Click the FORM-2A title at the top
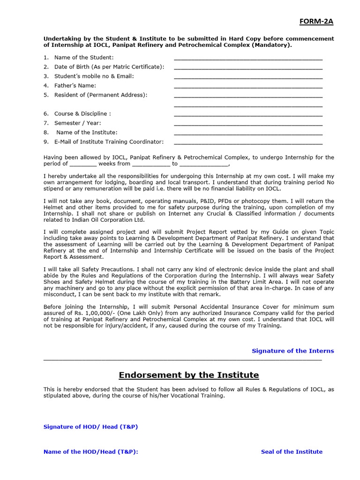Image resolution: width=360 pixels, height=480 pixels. [x=317, y=22]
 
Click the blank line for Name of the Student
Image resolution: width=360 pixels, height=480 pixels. [x=248, y=59]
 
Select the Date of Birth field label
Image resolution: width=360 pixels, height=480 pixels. [x=109, y=67]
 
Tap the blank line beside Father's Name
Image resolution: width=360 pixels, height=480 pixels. [x=248, y=87]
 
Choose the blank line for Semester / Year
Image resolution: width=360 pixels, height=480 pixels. [x=248, y=124]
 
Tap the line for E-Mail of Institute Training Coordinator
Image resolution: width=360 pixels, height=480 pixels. [x=248, y=143]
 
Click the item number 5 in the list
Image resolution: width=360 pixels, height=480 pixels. [x=46, y=95]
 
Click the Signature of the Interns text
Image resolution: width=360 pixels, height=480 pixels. [x=293, y=351]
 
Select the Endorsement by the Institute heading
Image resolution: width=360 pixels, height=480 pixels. [x=188, y=375]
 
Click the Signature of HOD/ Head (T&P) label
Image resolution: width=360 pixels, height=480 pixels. [x=90, y=427]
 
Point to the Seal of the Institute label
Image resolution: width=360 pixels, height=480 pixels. [x=292, y=451]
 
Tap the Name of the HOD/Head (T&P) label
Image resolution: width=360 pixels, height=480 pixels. [x=90, y=451]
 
